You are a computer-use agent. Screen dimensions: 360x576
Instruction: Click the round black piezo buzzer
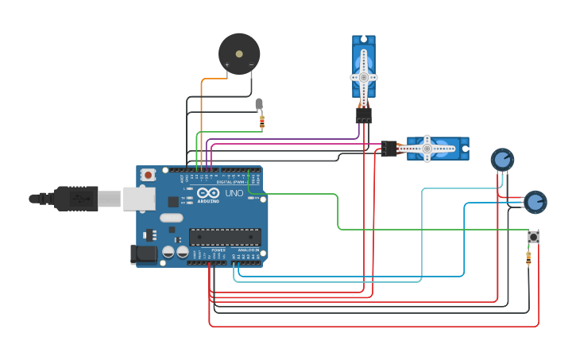[x=239, y=54]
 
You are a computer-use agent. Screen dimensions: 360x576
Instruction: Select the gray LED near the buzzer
[x=259, y=103]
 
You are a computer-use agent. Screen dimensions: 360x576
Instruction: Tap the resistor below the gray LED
[x=262, y=122]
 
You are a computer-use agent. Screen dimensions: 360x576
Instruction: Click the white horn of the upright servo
[x=364, y=76]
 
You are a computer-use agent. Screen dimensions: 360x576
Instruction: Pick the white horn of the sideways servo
[x=427, y=148]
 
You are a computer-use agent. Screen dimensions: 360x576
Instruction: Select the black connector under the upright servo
[x=363, y=115]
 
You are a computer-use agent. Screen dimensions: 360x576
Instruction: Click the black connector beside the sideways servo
[x=389, y=149]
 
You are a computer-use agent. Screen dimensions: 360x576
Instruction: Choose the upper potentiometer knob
[x=502, y=159]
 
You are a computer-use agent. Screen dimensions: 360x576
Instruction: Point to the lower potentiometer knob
[x=535, y=202]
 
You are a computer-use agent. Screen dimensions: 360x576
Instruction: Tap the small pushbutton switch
[x=534, y=236]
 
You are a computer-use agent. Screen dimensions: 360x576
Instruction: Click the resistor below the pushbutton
[x=529, y=257]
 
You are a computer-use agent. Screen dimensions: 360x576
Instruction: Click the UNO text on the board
[x=234, y=193]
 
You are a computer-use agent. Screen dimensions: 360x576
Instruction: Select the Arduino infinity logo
[x=209, y=192]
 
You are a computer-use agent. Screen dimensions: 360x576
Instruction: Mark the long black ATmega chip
[x=224, y=237]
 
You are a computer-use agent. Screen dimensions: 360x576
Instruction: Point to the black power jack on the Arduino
[x=142, y=254]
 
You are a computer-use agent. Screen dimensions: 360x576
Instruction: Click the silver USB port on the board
[x=139, y=199]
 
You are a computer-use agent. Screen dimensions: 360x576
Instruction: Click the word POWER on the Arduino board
[x=218, y=250]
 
